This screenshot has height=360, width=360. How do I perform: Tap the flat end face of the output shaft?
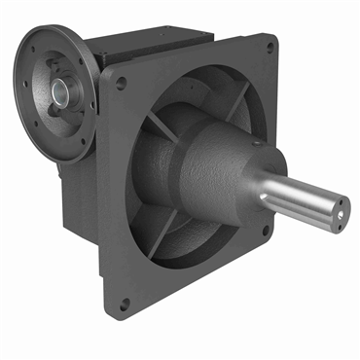click(x=340, y=208)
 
